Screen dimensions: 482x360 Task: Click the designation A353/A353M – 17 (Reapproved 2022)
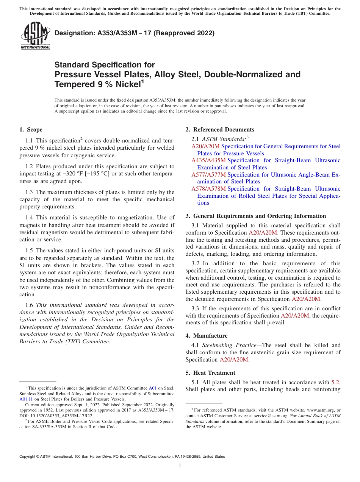[135, 33]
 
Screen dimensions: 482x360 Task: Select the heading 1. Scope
[31, 130]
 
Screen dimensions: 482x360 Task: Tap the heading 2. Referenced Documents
[220, 130]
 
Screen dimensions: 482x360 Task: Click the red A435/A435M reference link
[208, 160]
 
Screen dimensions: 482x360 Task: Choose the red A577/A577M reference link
[208, 174]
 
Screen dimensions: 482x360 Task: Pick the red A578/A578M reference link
[208, 188]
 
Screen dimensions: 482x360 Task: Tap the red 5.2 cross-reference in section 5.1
[335, 382]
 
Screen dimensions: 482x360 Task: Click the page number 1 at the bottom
[180, 466]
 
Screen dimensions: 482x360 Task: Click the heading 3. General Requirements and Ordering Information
[256, 216]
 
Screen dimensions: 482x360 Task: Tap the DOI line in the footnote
[45, 416]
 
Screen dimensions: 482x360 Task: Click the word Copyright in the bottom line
[28, 457]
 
